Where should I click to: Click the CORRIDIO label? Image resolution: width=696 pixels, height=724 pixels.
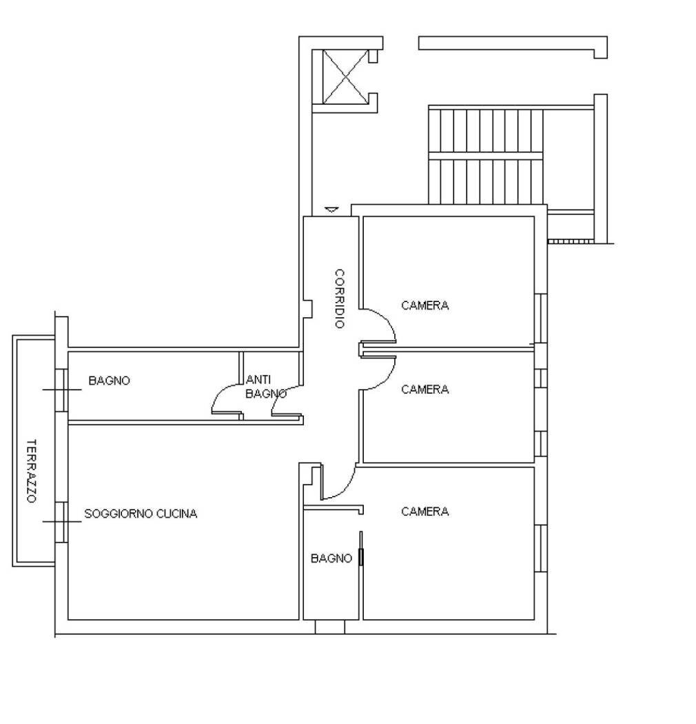[339, 298]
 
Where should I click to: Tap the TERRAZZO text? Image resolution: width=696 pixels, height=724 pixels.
[31, 471]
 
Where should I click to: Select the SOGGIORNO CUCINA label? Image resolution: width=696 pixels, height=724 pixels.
[141, 514]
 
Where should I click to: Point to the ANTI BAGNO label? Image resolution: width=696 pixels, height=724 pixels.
[265, 387]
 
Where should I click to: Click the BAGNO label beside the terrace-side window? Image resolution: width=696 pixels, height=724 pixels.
[109, 381]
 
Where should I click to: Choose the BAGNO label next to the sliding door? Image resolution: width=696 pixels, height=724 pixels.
[331, 559]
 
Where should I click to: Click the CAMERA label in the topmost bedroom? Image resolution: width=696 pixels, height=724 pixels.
[425, 305]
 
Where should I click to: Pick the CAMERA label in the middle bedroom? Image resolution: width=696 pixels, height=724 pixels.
[425, 390]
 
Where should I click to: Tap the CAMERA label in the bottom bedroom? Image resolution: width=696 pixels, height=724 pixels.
[425, 512]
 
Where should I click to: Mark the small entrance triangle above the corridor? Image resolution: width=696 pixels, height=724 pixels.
[332, 209]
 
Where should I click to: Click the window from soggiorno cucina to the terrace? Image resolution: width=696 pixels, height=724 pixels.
[61, 521]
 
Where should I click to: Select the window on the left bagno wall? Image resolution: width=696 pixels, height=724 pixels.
[61, 390]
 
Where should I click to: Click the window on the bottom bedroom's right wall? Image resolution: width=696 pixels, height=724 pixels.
[541, 549]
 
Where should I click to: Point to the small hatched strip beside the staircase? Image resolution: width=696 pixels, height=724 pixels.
[570, 241]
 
